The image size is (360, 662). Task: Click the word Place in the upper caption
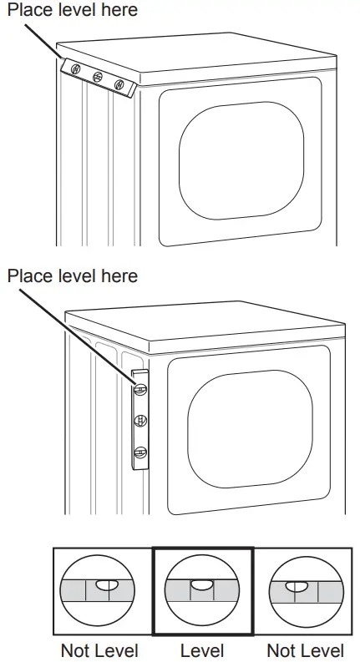28,10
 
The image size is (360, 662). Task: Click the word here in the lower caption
118,275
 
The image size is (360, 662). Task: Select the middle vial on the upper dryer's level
98,76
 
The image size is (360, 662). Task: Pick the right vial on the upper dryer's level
119,84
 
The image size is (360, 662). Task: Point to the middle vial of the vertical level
140,419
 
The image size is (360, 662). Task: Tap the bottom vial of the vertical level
140,452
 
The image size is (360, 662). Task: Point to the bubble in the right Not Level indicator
292,588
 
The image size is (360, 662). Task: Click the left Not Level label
99,649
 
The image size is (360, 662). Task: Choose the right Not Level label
305,649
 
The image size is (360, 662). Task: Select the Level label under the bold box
201,649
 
